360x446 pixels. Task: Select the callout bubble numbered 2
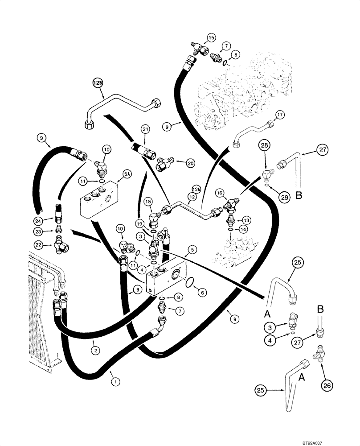click(94, 350)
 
